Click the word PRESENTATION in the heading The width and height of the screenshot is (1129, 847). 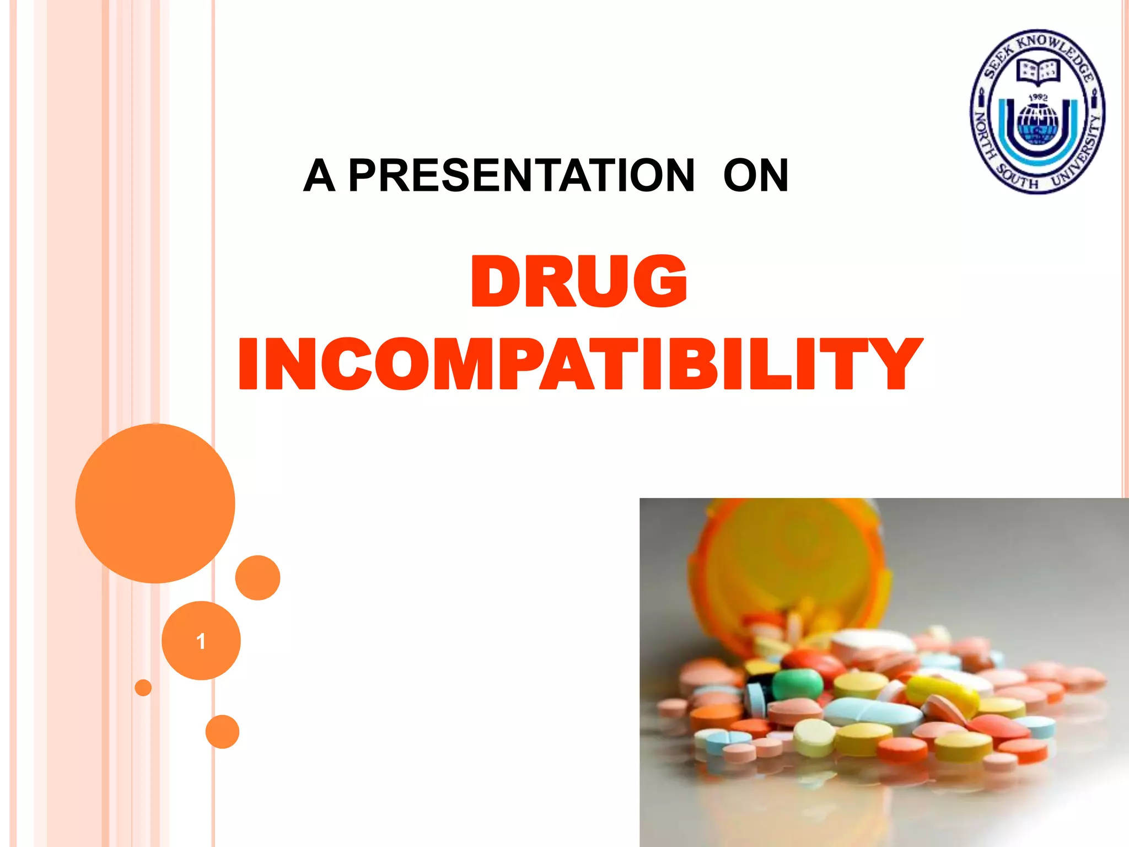tap(522, 175)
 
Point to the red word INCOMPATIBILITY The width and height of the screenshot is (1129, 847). tap(580, 364)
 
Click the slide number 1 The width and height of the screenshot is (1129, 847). tap(201, 641)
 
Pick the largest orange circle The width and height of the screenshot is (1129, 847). tap(155, 503)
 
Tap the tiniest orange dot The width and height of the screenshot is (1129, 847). tap(143, 688)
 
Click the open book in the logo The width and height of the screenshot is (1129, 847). tap(1038, 72)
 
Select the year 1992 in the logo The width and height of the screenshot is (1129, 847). tap(1038, 97)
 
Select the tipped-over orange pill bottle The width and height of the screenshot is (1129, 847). tap(788, 568)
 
